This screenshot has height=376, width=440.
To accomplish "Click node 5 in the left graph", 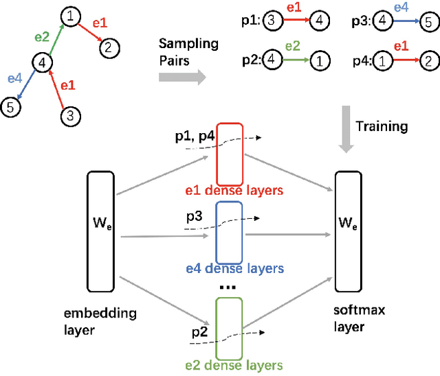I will (x=11, y=107).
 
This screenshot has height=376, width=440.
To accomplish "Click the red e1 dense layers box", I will (x=230, y=154).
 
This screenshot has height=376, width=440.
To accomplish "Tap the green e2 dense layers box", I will (x=230, y=327).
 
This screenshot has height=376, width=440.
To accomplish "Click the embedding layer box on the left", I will (x=102, y=230).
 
